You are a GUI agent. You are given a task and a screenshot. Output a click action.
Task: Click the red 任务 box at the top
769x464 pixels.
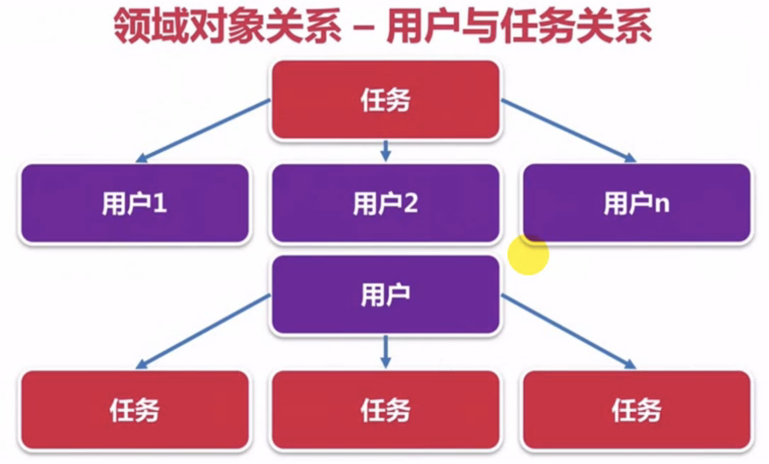pyautogui.click(x=385, y=100)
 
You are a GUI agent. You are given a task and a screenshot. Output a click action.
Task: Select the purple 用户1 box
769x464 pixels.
pyautogui.click(x=135, y=203)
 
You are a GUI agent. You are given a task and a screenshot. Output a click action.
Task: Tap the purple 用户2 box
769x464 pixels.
pyautogui.click(x=385, y=203)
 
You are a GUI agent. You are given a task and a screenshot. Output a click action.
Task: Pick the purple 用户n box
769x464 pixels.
pyautogui.click(x=636, y=203)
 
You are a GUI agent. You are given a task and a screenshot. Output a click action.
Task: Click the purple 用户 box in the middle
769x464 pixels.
pyautogui.click(x=385, y=295)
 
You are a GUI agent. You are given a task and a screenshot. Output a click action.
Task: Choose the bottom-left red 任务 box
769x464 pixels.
pyautogui.click(x=135, y=410)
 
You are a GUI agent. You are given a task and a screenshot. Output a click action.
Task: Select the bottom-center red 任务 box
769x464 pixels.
pyautogui.click(x=385, y=410)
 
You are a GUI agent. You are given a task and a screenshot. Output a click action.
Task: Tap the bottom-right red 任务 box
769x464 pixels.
pyautogui.click(x=636, y=410)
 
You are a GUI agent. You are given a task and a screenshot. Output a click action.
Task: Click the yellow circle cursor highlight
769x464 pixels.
pyautogui.click(x=528, y=255)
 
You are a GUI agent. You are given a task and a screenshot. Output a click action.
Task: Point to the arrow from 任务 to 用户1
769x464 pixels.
pyautogui.click(x=203, y=130)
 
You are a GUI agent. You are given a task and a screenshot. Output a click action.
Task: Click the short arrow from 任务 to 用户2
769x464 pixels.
pyautogui.click(x=385, y=151)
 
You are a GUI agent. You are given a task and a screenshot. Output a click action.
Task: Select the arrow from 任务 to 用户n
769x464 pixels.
pyautogui.click(x=568, y=130)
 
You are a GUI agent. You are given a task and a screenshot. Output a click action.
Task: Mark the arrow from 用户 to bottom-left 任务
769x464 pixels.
pyautogui.click(x=203, y=331)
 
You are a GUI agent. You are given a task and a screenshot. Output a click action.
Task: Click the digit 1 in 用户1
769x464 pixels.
pyautogui.click(x=160, y=204)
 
